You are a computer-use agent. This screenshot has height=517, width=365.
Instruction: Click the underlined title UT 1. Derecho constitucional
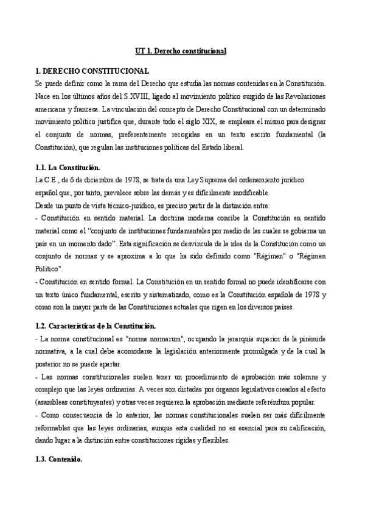[180, 51]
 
